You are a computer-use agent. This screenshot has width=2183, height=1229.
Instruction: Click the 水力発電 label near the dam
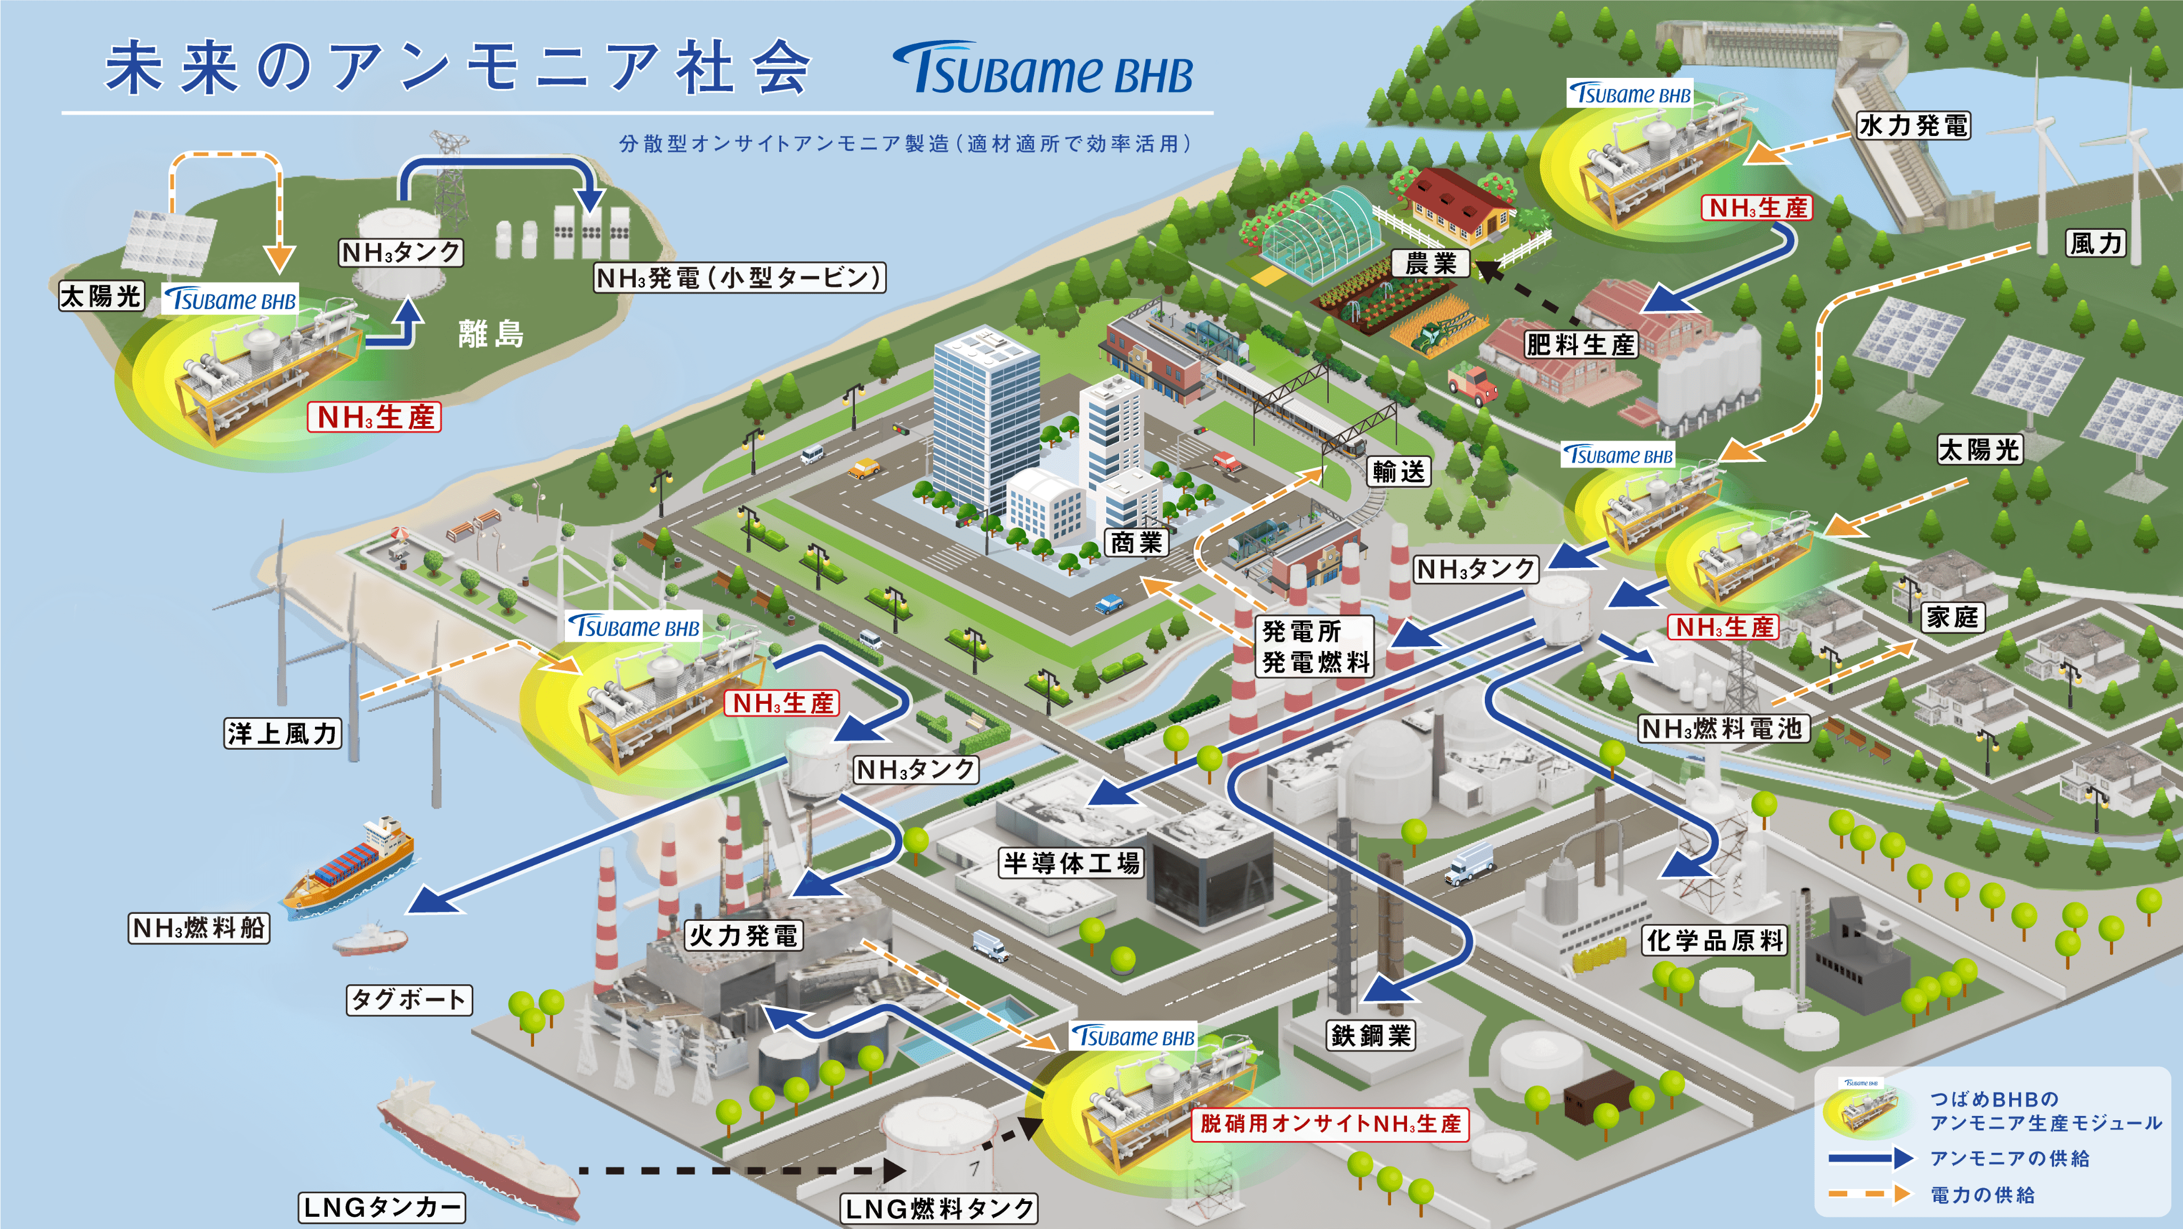point(1913,125)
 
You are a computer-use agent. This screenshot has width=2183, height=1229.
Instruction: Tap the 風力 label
point(2096,243)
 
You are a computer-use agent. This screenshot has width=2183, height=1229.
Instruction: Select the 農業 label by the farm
point(1430,263)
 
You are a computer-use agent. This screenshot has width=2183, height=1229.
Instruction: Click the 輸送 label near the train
point(1399,471)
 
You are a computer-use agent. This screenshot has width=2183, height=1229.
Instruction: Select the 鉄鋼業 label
point(1370,1035)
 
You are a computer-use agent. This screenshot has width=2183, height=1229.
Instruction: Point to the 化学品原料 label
point(1715,940)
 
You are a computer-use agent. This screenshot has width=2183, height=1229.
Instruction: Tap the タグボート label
point(408,999)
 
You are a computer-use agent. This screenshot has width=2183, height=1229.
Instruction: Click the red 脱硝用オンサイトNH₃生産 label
point(1330,1124)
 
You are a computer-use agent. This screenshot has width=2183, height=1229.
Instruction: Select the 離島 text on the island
point(491,334)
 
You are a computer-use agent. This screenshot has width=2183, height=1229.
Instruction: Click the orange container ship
point(349,869)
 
